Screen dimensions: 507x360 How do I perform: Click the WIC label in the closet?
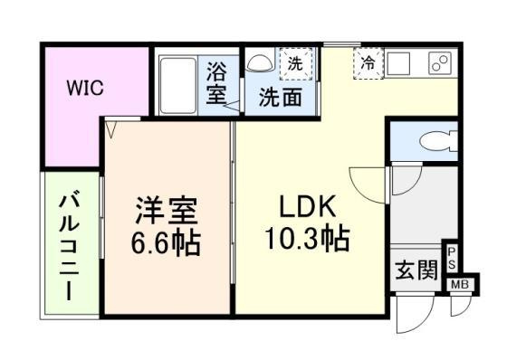click(85, 87)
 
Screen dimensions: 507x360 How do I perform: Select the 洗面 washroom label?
click(281, 98)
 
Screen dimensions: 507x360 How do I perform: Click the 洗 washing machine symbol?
click(296, 63)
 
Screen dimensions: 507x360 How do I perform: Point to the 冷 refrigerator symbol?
click(368, 63)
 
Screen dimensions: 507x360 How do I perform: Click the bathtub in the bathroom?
click(177, 86)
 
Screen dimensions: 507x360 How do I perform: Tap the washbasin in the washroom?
click(260, 62)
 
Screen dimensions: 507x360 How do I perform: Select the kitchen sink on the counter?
click(398, 62)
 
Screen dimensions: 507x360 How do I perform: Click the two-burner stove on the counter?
click(440, 62)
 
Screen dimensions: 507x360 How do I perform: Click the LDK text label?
click(307, 207)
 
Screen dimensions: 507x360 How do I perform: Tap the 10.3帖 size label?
click(307, 240)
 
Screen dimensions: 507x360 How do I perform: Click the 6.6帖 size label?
click(166, 242)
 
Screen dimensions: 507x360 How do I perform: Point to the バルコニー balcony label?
click(69, 246)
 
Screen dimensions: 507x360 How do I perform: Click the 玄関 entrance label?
click(416, 270)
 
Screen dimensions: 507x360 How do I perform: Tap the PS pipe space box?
click(452, 258)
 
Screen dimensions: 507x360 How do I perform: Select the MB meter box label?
click(460, 285)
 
